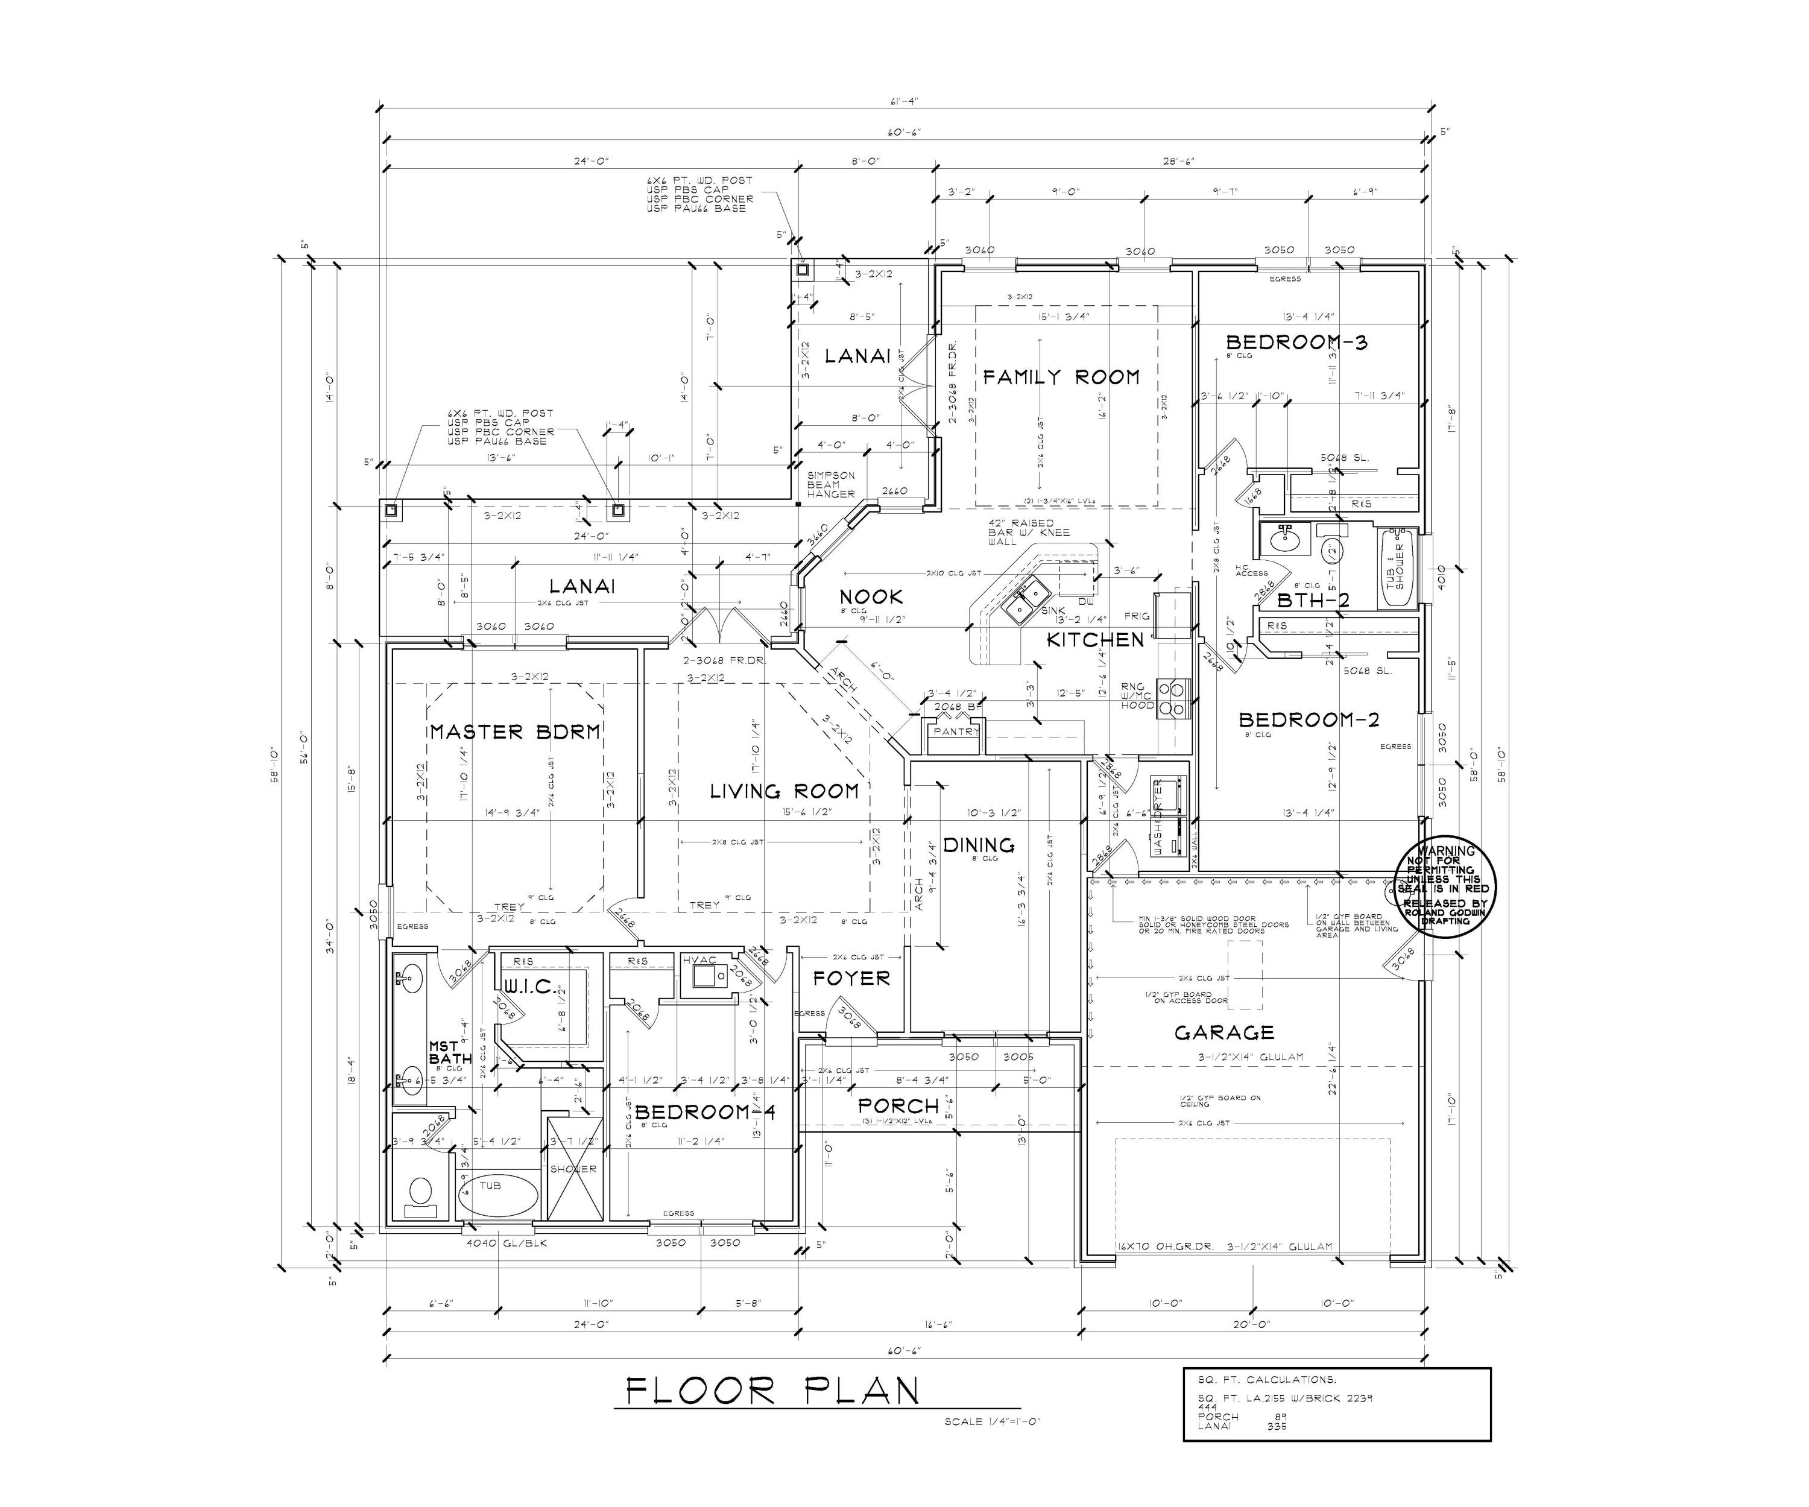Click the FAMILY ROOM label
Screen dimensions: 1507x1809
click(x=1061, y=376)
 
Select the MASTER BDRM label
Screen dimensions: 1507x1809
click(x=515, y=731)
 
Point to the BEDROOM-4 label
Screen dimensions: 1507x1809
click(x=705, y=1113)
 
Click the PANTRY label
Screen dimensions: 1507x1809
click(x=956, y=731)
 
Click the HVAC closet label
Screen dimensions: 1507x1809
click(x=699, y=960)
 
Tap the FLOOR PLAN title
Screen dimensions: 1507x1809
click(x=772, y=1392)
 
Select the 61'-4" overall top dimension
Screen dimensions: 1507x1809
click(x=904, y=102)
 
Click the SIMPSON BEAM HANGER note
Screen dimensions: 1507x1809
click(x=830, y=484)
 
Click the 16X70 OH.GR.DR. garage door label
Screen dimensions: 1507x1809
click(x=1164, y=1246)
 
